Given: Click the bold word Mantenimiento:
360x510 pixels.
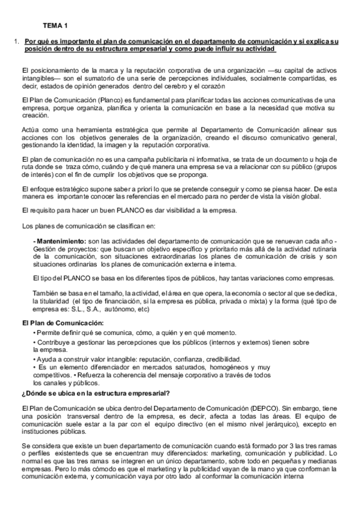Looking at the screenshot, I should (60, 241).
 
